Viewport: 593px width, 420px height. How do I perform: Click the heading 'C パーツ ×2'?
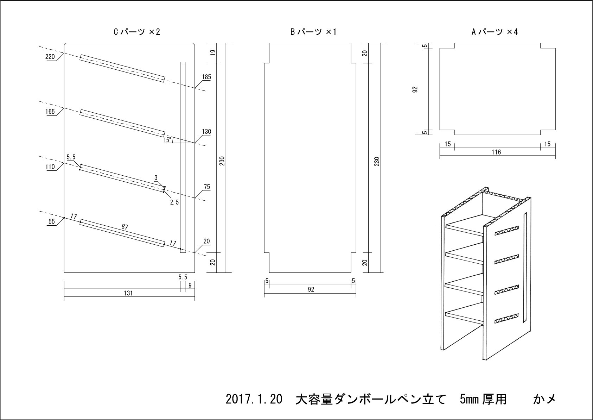pos(137,32)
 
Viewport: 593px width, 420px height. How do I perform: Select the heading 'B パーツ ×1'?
pos(313,32)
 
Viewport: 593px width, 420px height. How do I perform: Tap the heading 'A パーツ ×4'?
pos(495,32)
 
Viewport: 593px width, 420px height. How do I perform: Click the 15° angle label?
pos(167,140)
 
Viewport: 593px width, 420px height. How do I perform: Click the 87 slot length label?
pos(125,227)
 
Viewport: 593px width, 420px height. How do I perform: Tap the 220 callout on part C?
pos(50,57)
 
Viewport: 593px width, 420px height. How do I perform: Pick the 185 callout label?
pos(206,77)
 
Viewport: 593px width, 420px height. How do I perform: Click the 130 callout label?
pos(206,132)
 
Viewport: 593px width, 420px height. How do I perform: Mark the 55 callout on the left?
pos(51,221)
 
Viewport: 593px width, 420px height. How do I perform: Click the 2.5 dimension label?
pos(174,202)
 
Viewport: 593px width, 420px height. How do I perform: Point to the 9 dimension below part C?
pos(190,286)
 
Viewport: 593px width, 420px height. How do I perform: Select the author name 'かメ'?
pos(544,400)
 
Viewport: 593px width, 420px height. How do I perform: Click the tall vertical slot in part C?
pos(183,157)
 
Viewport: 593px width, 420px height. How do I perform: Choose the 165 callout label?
pos(50,112)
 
